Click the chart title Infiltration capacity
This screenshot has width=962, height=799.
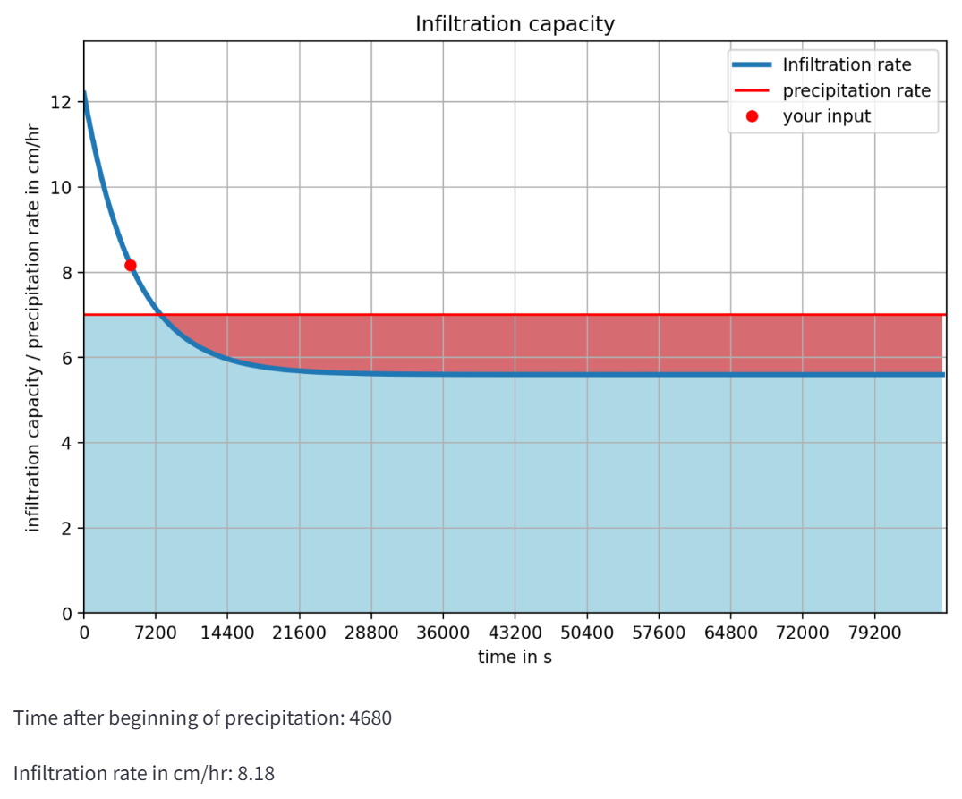pyautogui.click(x=515, y=24)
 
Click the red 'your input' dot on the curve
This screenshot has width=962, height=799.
pyautogui.click(x=131, y=265)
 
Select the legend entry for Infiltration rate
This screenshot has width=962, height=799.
pyautogui.click(x=847, y=64)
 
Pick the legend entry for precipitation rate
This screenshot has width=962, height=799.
pyautogui.click(x=856, y=90)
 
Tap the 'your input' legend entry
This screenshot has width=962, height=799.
pyautogui.click(x=826, y=116)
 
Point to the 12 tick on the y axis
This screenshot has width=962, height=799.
pyautogui.click(x=61, y=102)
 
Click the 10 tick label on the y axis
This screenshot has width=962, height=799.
pyautogui.click(x=61, y=188)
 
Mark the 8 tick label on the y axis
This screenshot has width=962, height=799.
pyautogui.click(x=65, y=273)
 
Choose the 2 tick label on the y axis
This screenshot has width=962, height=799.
pyautogui.click(x=65, y=528)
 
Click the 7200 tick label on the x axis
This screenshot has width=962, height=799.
pyautogui.click(x=156, y=633)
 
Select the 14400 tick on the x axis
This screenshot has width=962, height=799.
pyautogui.click(x=227, y=633)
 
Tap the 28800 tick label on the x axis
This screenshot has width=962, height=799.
pyautogui.click(x=371, y=633)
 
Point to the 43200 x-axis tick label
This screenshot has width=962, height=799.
pyautogui.click(x=515, y=633)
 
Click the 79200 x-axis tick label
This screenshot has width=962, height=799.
pyautogui.click(x=874, y=633)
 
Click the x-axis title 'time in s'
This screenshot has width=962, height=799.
pyautogui.click(x=515, y=658)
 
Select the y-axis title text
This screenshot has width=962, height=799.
pyautogui.click(x=33, y=327)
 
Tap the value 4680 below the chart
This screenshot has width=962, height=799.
pyautogui.click(x=368, y=718)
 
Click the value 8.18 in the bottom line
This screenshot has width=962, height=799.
pyautogui.click(x=256, y=773)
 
